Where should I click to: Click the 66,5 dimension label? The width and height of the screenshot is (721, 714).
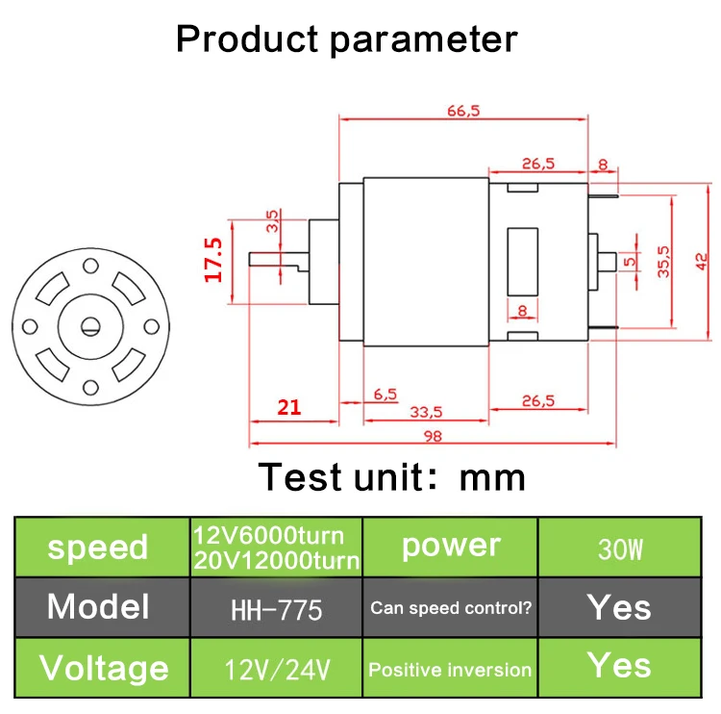tap(463, 111)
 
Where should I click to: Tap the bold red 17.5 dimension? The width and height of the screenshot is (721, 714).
tap(213, 260)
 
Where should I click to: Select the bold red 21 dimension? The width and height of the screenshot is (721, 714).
tap(289, 407)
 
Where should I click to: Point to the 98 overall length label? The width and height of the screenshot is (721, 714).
tap(433, 436)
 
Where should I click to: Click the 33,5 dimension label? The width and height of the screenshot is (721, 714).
tap(426, 412)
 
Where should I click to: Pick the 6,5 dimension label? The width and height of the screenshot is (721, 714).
tap(385, 395)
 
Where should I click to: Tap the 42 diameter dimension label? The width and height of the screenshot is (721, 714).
tap(702, 262)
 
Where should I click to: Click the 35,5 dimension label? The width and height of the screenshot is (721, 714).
tap(663, 262)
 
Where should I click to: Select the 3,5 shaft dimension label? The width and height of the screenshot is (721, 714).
tap(272, 221)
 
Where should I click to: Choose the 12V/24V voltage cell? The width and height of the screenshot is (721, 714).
tap(277, 670)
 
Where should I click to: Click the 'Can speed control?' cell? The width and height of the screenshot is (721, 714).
tap(451, 608)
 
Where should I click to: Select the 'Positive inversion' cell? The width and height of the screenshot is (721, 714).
tap(450, 670)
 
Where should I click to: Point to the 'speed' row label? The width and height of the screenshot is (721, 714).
tap(97, 548)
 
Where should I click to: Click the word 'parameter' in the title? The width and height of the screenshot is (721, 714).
tap(424, 40)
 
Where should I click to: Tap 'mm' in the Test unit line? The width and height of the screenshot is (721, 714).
tap(492, 478)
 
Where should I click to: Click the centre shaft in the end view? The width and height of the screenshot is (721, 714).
tap(90, 327)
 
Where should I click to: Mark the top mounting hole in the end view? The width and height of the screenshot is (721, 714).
tap(90, 267)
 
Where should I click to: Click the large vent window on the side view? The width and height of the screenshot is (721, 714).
tap(522, 262)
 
